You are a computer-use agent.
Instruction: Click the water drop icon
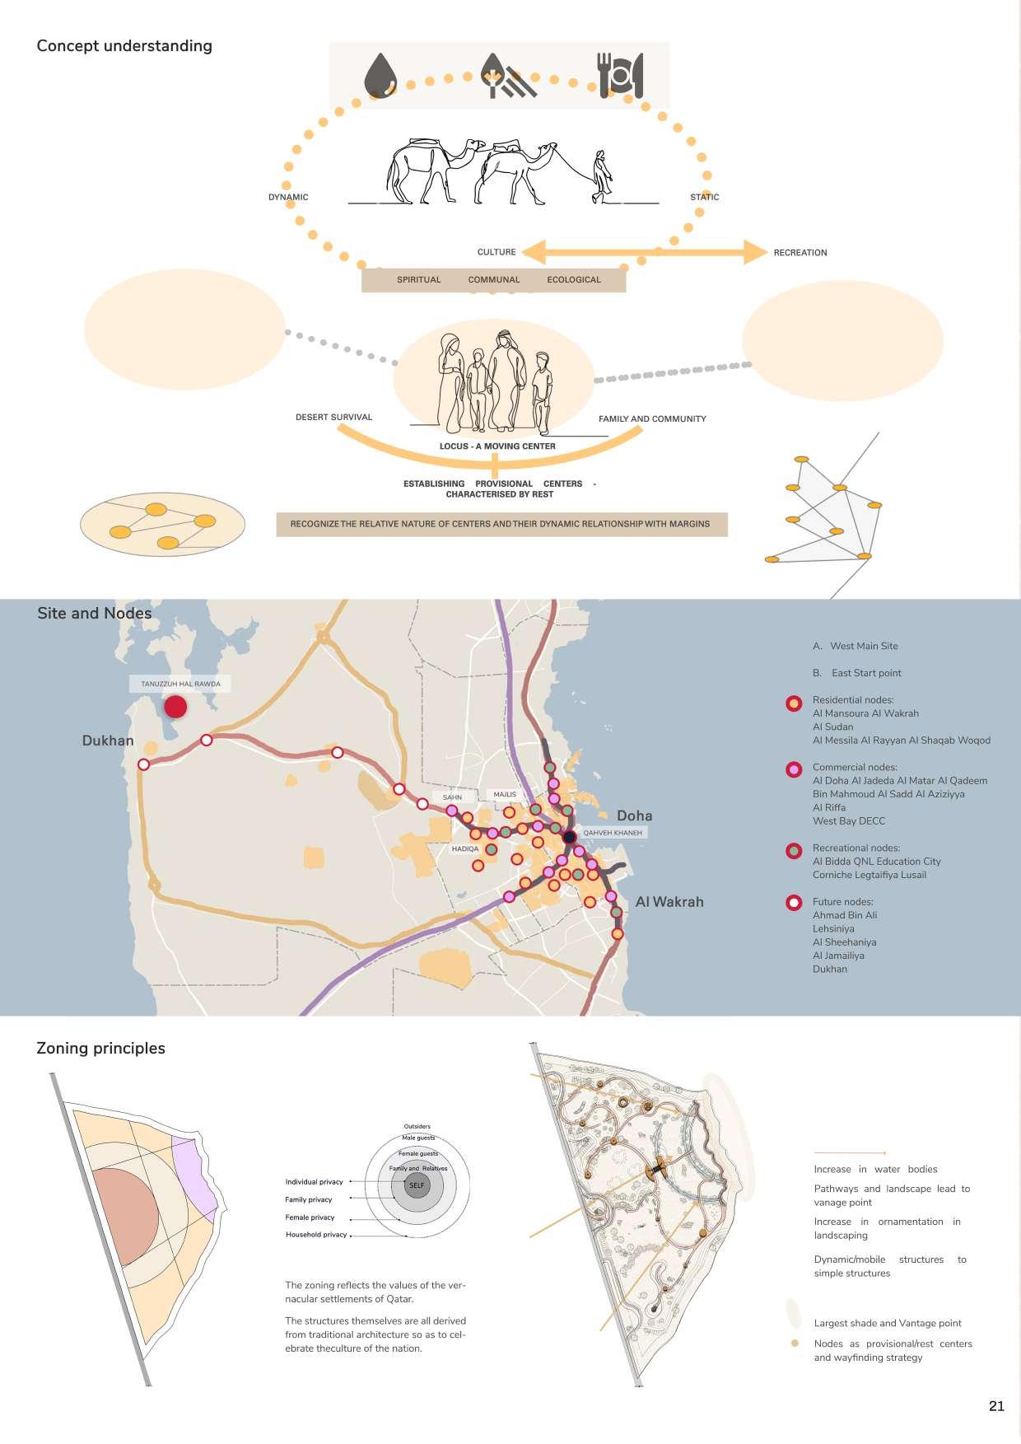click(x=380, y=75)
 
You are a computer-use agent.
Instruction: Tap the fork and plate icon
click(x=620, y=76)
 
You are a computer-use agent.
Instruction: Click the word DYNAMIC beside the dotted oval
click(x=288, y=197)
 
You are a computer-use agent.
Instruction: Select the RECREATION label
click(x=800, y=253)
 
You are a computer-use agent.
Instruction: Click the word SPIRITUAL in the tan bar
click(x=418, y=280)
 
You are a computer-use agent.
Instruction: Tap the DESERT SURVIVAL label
click(x=333, y=418)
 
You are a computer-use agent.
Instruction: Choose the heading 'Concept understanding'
click(x=124, y=46)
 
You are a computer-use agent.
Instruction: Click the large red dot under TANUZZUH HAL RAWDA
click(x=175, y=707)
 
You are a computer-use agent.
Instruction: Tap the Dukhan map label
click(x=108, y=741)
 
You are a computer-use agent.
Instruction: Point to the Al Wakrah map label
click(x=669, y=902)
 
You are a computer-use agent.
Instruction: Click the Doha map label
click(x=634, y=815)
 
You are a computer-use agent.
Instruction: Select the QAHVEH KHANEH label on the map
click(x=612, y=833)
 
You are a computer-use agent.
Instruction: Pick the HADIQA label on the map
click(x=464, y=848)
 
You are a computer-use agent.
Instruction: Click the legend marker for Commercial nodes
click(x=794, y=769)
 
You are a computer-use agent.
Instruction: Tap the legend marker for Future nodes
click(x=794, y=902)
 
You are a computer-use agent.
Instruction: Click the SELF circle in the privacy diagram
click(x=417, y=1185)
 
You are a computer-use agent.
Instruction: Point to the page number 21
click(x=996, y=1406)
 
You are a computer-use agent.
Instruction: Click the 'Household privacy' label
click(x=316, y=1235)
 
